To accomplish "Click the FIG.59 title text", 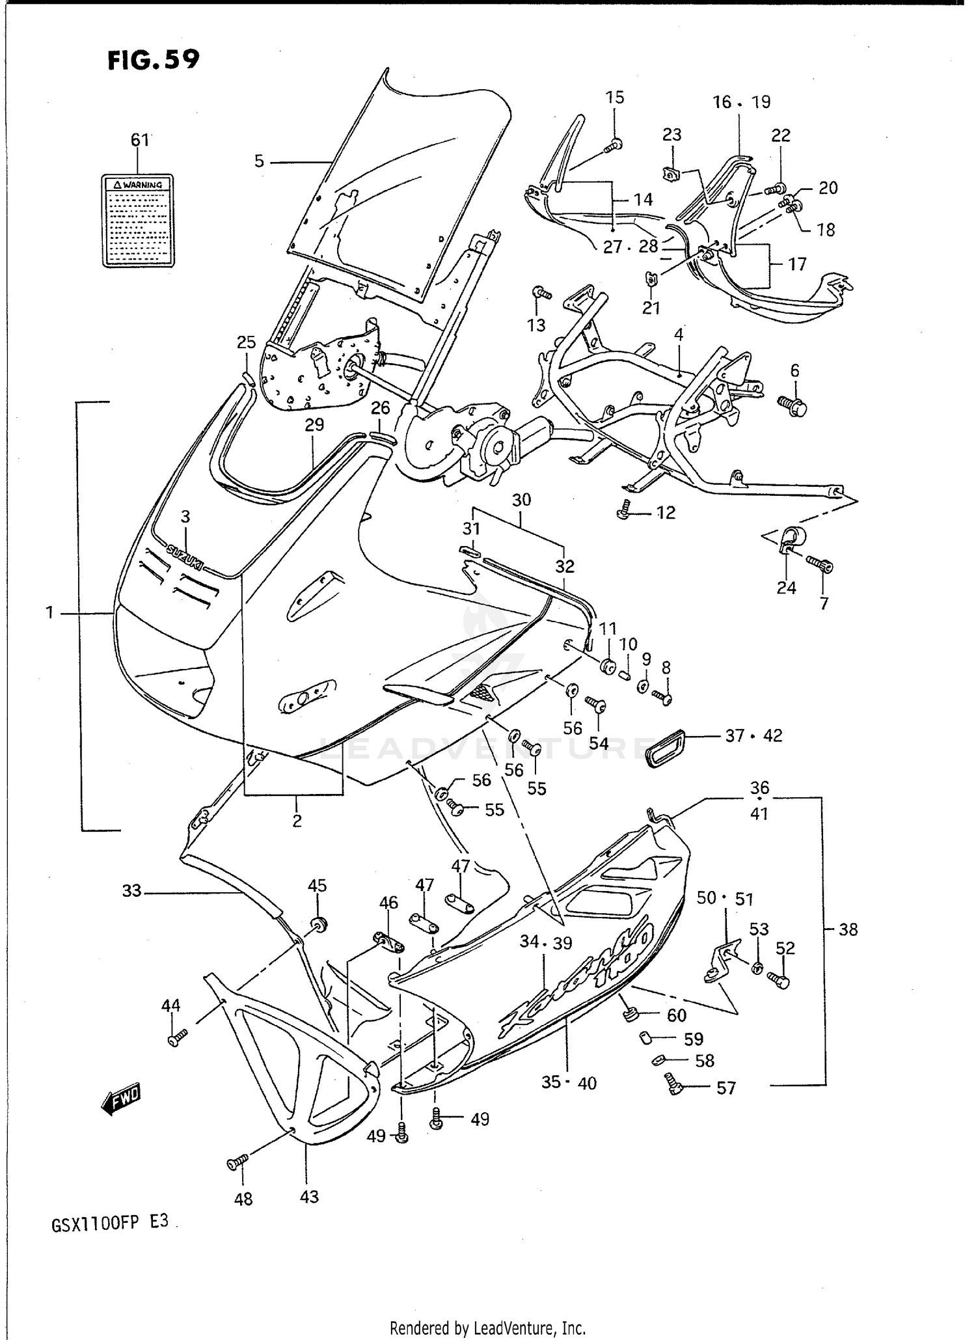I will pos(154,60).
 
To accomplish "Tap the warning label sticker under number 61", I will pos(138,221).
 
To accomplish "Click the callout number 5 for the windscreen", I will pos(259,161).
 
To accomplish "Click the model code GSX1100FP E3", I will pos(109,1222).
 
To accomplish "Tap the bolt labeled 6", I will pos(793,405).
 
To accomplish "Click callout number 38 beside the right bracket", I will pos(848,929).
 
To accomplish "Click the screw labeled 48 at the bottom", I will pos(237,1163).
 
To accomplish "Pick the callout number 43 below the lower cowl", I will pos(309,1196).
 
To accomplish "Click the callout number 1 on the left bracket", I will pos(49,612).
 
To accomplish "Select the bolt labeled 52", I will pos(779,980).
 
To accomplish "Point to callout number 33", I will pos(131,890).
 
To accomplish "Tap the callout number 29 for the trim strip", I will pos(314,425).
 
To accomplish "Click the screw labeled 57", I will pos(673,1082).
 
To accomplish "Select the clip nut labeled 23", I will pos(670,174).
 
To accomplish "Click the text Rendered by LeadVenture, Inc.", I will pos(488,1328).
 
